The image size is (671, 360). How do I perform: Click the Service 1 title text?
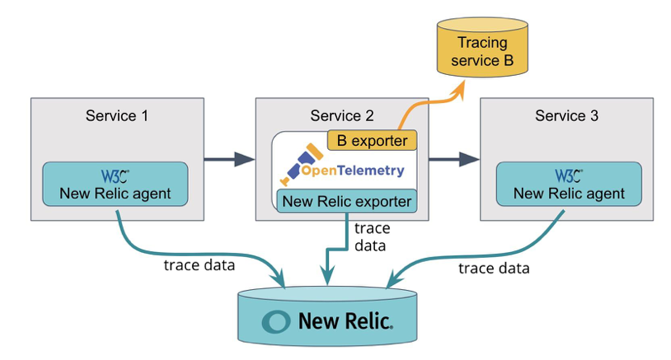117,115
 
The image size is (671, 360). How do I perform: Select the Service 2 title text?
341,115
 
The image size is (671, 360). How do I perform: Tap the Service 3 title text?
566,115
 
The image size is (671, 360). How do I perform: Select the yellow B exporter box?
373,141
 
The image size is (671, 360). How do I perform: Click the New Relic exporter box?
346,202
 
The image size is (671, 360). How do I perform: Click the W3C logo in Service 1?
115,176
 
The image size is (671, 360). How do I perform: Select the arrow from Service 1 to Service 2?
228,159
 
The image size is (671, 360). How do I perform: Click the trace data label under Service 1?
199,265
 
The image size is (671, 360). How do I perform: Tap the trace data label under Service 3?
494,269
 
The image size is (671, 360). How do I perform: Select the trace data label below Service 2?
371,236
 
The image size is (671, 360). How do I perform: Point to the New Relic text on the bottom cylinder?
345,320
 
